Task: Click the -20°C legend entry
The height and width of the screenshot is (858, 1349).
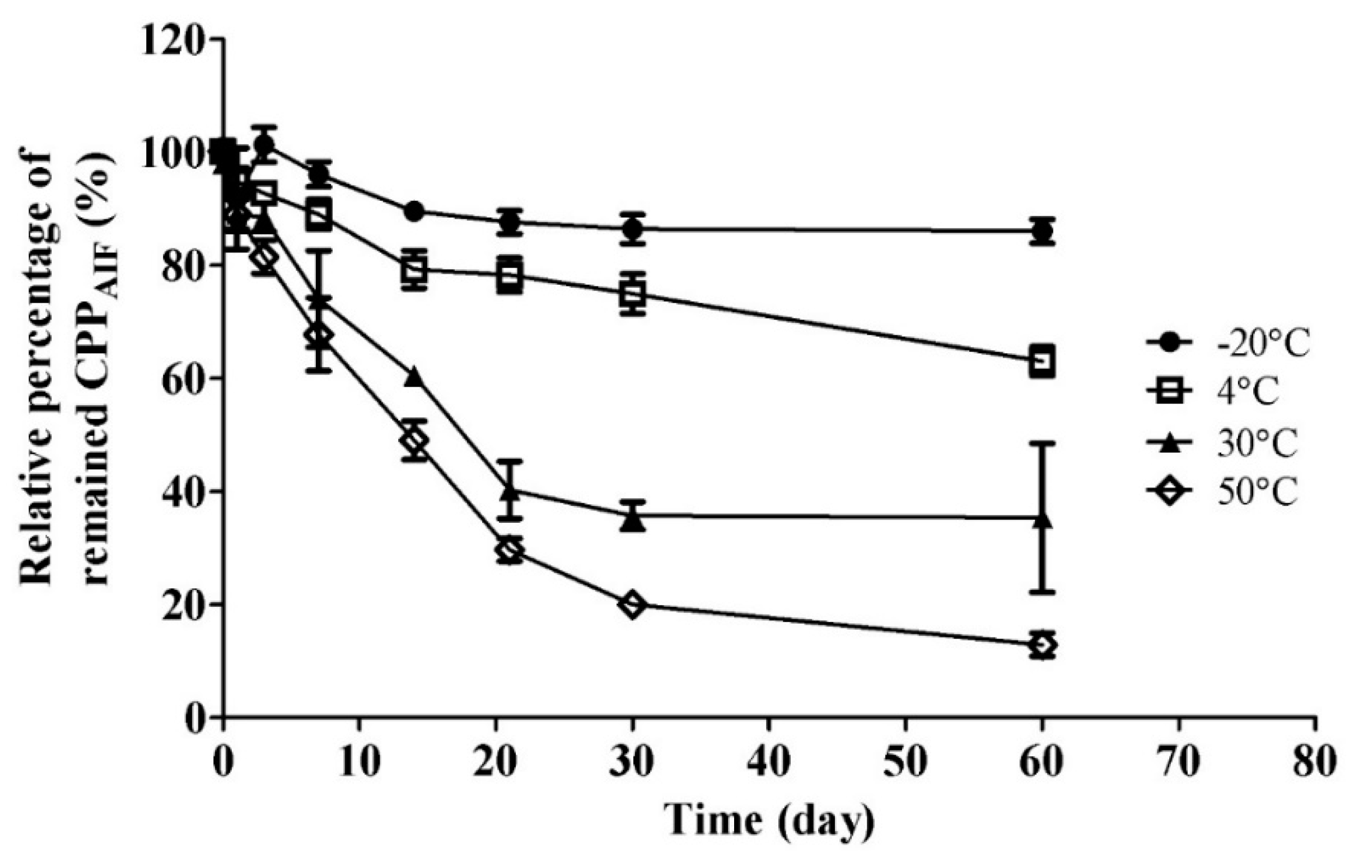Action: tap(1227, 343)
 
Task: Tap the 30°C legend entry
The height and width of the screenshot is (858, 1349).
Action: tap(1227, 443)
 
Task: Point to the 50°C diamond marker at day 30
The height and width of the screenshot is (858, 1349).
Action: tap(633, 606)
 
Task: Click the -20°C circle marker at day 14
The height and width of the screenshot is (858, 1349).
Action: tap(414, 212)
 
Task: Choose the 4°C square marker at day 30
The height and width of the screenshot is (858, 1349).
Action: tap(633, 294)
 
